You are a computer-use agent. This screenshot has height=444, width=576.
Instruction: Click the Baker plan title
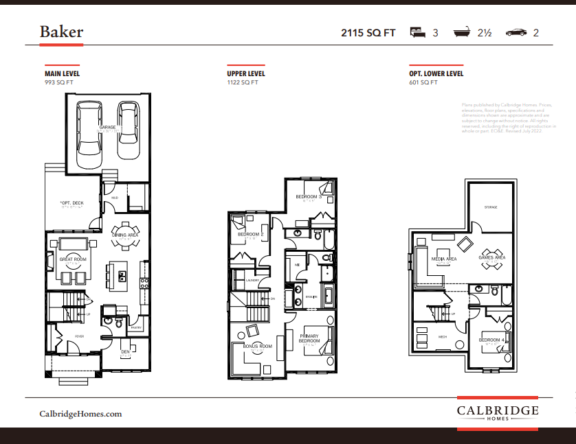coord(61,32)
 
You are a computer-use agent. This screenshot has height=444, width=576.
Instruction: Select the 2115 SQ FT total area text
coord(368,32)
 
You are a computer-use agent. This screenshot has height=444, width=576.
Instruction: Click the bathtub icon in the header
coord(461,32)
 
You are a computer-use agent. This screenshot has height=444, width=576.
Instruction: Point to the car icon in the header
coord(516,32)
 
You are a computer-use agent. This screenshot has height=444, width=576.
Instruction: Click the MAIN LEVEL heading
coord(62,73)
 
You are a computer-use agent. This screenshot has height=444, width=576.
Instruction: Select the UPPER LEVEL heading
coord(246,73)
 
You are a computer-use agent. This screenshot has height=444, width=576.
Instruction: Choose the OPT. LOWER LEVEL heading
coord(436,73)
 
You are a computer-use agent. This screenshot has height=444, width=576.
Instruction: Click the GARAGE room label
coord(107,128)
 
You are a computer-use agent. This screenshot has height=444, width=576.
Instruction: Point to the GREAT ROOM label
coord(71,259)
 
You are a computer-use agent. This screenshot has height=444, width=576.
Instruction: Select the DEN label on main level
coord(125,352)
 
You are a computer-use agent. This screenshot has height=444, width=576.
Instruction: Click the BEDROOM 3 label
coord(309,197)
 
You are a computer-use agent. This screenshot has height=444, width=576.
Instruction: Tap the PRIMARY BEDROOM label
coord(309,338)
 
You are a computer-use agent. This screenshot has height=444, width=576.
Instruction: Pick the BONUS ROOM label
coord(258,347)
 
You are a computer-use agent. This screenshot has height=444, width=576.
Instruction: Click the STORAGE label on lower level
coord(490,207)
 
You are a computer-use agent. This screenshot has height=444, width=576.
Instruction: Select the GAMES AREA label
coord(491,257)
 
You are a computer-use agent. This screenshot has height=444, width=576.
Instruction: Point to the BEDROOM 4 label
coord(491,340)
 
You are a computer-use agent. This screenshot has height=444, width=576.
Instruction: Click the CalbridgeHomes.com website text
coord(80,414)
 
